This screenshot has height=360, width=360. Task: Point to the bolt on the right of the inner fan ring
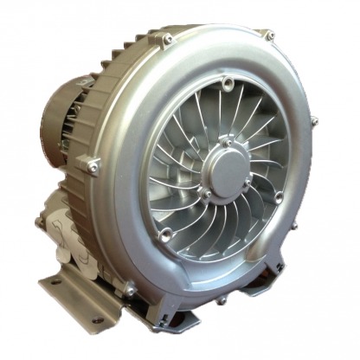tap(279, 197)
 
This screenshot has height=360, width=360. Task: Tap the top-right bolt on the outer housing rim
tap(270, 35)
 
